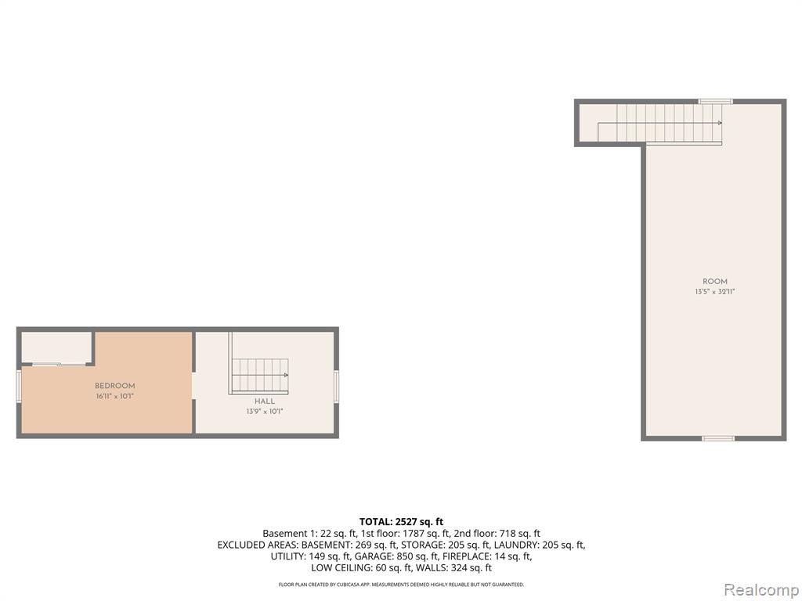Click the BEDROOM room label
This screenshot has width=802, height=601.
[x=115, y=386]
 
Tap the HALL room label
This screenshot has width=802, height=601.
[x=265, y=401]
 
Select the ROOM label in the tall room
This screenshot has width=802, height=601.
[x=715, y=282]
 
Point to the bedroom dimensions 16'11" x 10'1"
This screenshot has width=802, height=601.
[x=115, y=396]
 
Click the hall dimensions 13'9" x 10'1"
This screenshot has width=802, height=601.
[x=265, y=412]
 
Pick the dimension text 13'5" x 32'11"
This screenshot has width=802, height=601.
[x=715, y=292]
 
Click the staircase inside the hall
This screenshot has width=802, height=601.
[x=258, y=376]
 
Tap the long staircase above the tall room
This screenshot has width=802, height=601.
[x=659, y=123]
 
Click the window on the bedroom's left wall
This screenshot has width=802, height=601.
[x=19, y=387]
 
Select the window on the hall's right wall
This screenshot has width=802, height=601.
[x=337, y=387]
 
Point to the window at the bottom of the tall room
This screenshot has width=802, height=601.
[x=718, y=438]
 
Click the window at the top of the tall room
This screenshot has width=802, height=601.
[x=716, y=102]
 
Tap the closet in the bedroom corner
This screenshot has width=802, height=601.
[x=56, y=348]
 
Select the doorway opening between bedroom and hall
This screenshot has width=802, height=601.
[x=193, y=386]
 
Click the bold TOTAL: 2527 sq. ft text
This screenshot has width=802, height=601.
[x=401, y=522]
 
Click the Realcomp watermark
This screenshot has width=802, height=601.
[x=760, y=590]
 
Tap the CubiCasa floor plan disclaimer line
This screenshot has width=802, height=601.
[x=401, y=584]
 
